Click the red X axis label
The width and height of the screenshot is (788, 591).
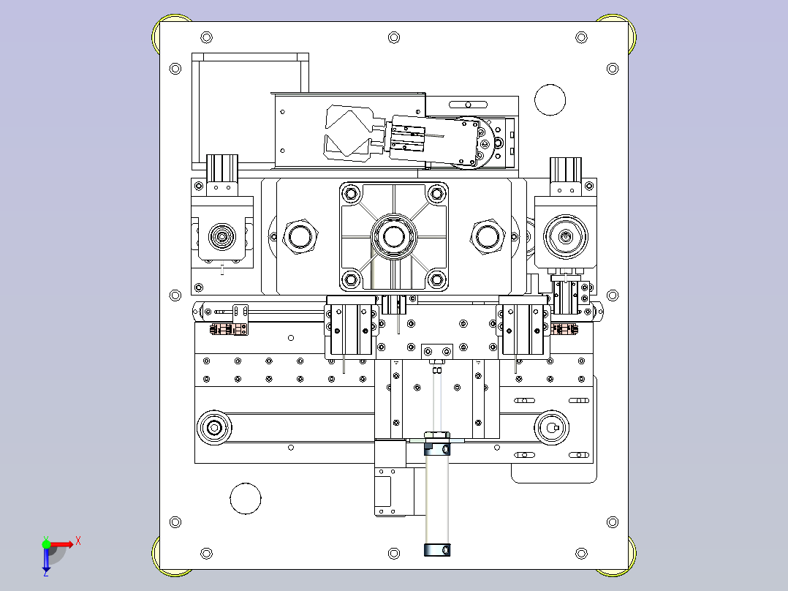78,541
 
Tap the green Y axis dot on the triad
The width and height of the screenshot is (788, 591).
46,544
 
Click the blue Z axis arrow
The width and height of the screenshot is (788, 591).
46,561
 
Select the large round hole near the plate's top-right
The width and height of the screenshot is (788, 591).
550,100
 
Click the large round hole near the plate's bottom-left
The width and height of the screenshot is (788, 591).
246,498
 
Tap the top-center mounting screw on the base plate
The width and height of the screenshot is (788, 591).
394,37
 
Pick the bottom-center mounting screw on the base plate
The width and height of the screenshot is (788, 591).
394,554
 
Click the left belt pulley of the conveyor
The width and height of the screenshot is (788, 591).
215,428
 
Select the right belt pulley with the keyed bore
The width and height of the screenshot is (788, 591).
551,428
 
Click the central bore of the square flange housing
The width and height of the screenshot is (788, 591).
393,236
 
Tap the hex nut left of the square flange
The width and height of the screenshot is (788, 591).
300,236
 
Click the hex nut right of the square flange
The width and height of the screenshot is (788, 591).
488,236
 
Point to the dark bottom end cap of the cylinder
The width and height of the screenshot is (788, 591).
437,550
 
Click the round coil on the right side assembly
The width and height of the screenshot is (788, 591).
566,236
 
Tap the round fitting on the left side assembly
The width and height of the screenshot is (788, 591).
221,236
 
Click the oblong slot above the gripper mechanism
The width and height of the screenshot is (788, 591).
468,105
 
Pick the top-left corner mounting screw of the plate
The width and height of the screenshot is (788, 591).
207,37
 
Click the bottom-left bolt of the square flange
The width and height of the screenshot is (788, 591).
351,278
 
